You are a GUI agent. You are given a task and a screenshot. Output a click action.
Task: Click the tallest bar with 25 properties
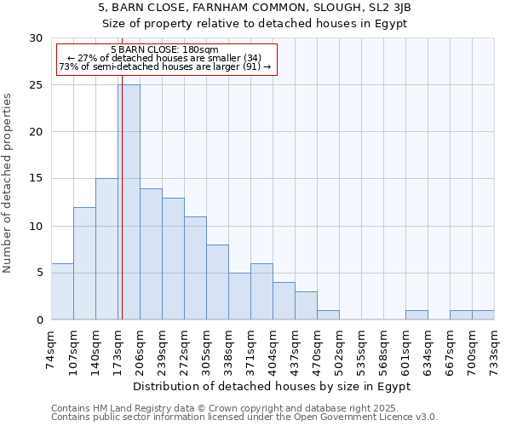[129, 202]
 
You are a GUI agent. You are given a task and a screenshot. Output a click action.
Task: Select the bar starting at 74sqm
[62, 291]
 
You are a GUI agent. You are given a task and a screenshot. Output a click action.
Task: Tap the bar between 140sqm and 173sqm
[106, 249]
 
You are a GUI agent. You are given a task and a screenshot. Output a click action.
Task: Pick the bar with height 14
[151, 254]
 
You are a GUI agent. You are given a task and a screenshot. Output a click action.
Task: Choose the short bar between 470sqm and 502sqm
[328, 315]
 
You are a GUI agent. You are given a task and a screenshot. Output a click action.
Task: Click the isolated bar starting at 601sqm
[416, 315]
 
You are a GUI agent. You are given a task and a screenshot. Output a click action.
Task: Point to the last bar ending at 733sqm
[483, 315]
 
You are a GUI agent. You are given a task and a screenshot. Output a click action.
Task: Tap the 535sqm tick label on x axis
[362, 348]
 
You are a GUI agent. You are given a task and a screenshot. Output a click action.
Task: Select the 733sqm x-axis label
[495, 348]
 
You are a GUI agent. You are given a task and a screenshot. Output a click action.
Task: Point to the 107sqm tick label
[74, 348]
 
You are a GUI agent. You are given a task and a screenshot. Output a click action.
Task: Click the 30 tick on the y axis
[36, 38]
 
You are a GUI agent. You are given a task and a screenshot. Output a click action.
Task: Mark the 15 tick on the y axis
[36, 179]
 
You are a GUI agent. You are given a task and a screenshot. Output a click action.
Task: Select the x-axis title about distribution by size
[273, 386]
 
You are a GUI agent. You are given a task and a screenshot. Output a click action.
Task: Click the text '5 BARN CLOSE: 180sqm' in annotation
[164, 49]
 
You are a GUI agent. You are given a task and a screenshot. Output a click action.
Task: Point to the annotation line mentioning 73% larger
[164, 66]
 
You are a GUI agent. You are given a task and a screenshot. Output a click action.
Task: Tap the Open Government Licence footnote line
[244, 417]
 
